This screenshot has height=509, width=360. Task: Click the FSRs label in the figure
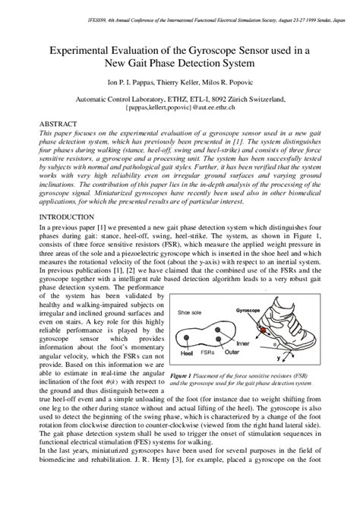[x=207, y=353]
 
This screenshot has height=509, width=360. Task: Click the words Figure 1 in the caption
[x=182, y=375]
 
